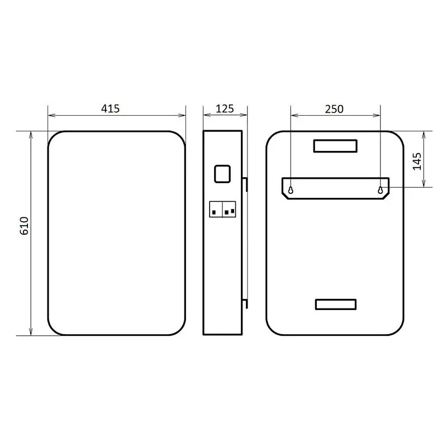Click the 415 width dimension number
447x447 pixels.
tap(110, 108)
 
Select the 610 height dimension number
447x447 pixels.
tap(24, 226)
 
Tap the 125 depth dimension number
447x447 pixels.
tap(225, 108)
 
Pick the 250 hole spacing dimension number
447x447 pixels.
tap(334, 109)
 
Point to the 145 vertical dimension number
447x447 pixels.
tap(417, 161)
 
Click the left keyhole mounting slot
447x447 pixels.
tap(291, 190)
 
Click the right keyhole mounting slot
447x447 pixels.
tap(381, 190)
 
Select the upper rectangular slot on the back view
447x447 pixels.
tap(335, 146)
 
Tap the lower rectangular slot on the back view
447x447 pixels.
tap(336, 305)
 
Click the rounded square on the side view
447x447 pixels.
tap(222, 174)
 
